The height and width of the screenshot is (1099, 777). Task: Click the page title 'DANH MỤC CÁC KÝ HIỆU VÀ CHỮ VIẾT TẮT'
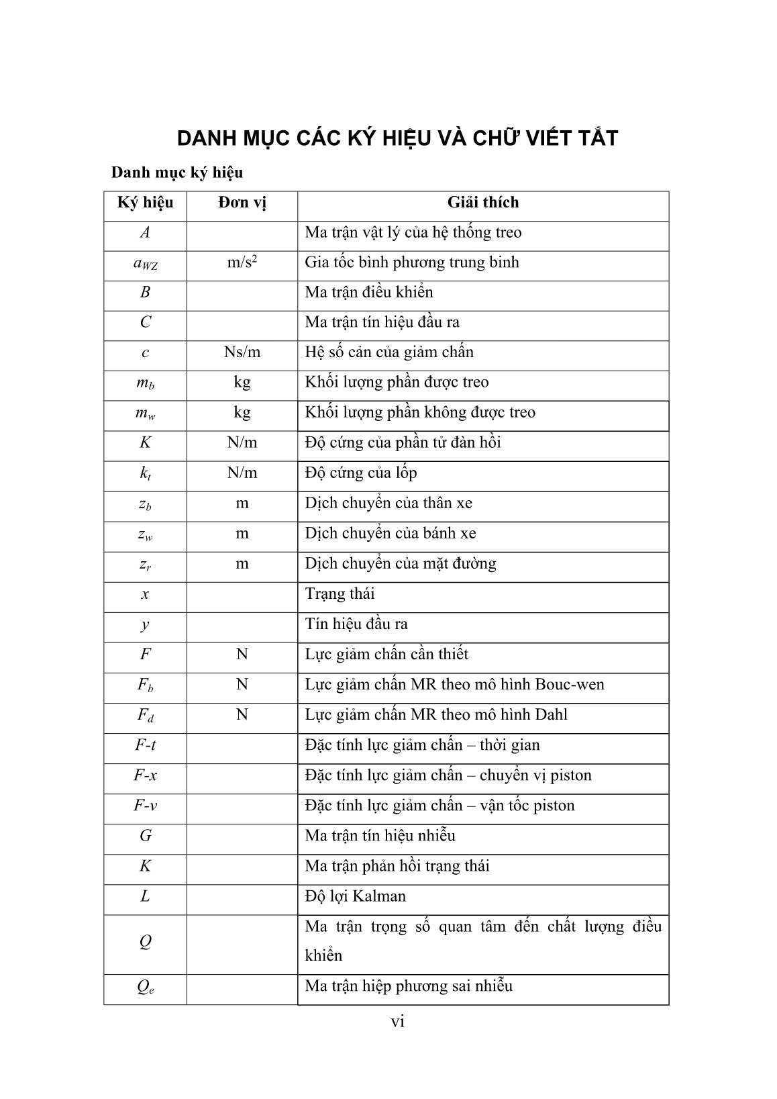(x=397, y=138)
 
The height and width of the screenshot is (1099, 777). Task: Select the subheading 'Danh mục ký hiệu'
(x=177, y=173)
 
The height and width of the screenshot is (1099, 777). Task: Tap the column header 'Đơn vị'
(x=242, y=203)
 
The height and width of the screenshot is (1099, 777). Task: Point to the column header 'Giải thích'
(x=483, y=203)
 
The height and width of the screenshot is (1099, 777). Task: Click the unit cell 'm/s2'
(x=242, y=262)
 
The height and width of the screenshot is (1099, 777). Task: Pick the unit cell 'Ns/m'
(x=242, y=352)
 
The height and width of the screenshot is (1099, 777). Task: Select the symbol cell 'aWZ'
(x=146, y=264)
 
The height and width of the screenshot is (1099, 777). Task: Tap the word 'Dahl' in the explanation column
(x=551, y=715)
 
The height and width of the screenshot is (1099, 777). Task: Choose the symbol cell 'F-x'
(x=146, y=775)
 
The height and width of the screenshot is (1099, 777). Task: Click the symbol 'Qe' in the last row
(x=146, y=987)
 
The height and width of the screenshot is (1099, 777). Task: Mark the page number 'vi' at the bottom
(x=398, y=1022)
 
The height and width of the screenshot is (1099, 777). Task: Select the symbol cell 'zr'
(x=146, y=565)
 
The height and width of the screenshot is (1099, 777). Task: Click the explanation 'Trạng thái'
(x=340, y=594)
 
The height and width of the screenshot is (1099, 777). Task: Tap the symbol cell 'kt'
(x=146, y=474)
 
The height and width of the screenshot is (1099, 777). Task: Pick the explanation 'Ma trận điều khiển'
(x=369, y=293)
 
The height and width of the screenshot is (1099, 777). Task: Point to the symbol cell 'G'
(x=146, y=836)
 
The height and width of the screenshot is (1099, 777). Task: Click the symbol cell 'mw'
(x=146, y=414)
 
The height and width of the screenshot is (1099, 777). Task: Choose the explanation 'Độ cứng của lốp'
(x=361, y=473)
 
